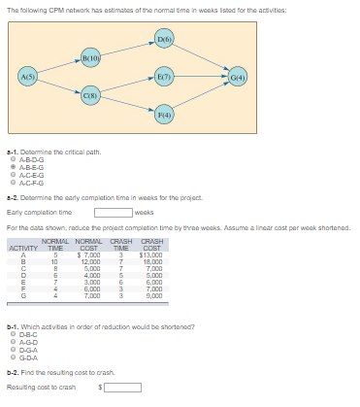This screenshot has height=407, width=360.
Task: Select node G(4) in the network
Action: coord(239,76)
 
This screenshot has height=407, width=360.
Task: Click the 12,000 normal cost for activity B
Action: coord(90,261)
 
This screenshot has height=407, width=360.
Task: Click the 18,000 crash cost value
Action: coord(152,261)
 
